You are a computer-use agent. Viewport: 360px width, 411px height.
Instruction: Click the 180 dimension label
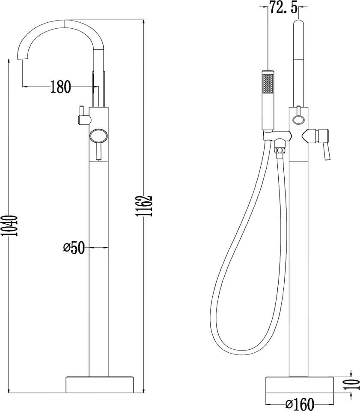(60, 87)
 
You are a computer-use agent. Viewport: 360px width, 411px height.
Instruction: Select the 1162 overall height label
(144, 206)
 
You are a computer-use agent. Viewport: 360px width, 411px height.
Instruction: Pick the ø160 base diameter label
(300, 404)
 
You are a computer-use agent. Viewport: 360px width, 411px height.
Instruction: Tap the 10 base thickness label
(355, 385)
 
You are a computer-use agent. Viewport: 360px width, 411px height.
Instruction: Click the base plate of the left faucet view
(99, 384)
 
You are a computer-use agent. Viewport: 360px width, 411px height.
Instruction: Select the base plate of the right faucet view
(300, 384)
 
